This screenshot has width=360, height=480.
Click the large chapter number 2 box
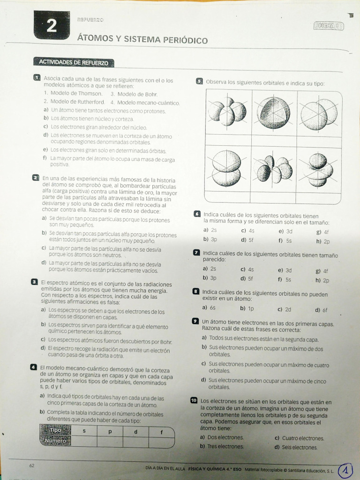(x=52, y=25)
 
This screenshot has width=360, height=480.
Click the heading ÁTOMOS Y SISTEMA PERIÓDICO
(x=142, y=40)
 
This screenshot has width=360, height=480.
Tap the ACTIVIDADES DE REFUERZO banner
(x=73, y=62)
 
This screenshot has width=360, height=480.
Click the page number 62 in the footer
(x=32, y=465)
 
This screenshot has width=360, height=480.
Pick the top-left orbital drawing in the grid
(x=227, y=112)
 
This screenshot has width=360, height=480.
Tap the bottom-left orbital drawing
(x=227, y=168)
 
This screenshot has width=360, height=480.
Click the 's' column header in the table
(x=84, y=430)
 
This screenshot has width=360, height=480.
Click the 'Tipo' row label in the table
(x=55, y=430)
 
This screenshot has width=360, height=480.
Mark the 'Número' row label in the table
(x=55, y=441)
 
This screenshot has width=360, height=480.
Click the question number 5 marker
(x=199, y=81)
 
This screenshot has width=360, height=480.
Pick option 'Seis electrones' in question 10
(x=295, y=447)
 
